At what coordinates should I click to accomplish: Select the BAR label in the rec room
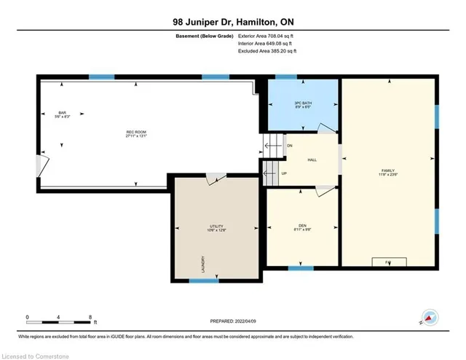(62, 114)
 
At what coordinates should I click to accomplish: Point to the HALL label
(312, 160)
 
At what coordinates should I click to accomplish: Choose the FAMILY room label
(388, 171)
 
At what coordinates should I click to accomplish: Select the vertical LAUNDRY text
(202, 265)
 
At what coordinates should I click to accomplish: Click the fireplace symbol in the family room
(387, 261)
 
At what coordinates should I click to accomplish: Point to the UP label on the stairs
(284, 173)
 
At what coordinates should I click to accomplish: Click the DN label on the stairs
(288, 146)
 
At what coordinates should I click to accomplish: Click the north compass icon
(430, 318)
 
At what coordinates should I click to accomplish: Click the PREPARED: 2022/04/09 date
(232, 321)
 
